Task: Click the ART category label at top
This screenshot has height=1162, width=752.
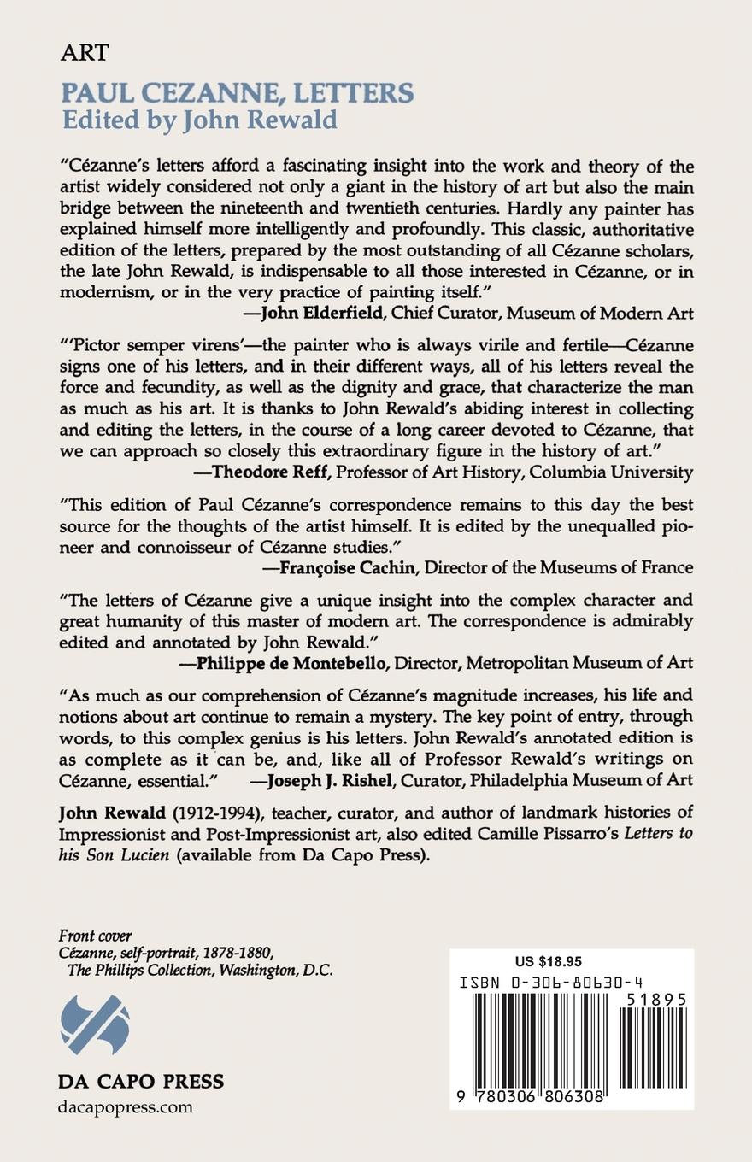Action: click(85, 53)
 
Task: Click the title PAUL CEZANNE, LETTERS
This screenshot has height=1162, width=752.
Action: click(238, 92)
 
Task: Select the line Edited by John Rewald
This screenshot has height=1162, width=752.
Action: click(199, 120)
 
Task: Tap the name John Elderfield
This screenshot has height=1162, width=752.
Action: click(321, 314)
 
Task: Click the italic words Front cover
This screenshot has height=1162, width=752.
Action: click(95, 936)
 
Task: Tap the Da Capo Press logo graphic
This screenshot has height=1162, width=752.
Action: click(95, 1024)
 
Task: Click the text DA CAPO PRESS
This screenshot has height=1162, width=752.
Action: click(141, 1081)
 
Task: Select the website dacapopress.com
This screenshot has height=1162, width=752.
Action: click(126, 1107)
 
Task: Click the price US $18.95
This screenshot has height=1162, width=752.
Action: click(549, 961)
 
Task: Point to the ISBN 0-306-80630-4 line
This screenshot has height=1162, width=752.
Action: click(562, 983)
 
